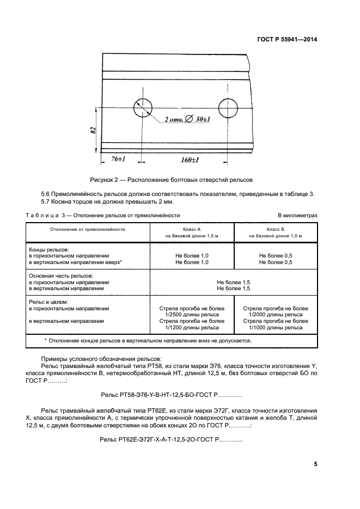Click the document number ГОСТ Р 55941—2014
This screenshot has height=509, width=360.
click(x=287, y=39)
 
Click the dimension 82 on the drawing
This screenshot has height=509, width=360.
click(x=93, y=130)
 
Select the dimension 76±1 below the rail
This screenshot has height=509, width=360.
click(x=119, y=160)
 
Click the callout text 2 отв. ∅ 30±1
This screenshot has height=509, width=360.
click(x=188, y=119)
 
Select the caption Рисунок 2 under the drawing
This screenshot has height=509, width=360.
click(x=171, y=180)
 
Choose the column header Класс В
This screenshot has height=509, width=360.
click(x=276, y=229)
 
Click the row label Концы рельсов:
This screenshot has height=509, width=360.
click(x=48, y=249)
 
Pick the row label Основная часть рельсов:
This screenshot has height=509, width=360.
click(x=60, y=276)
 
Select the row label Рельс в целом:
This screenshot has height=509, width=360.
click(x=48, y=302)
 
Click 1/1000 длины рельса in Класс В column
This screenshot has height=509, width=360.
click(x=276, y=328)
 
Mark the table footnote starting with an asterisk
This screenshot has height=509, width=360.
click(x=148, y=340)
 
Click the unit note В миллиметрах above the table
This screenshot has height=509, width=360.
click(x=297, y=216)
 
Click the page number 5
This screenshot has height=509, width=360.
click(x=315, y=464)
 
